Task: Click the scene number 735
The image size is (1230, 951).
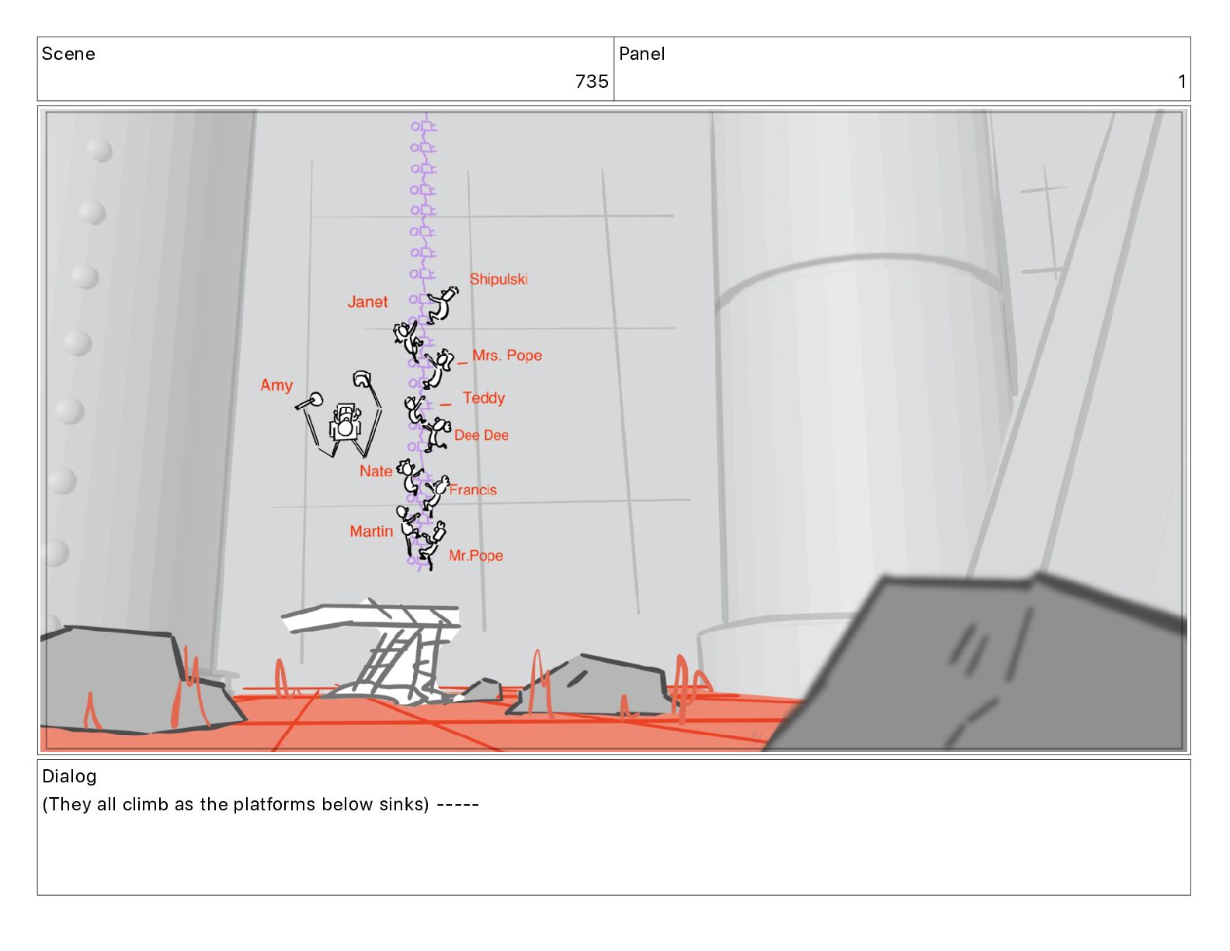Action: [x=592, y=82]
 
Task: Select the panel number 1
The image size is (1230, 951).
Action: [x=1182, y=82]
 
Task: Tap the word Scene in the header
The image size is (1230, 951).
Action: [x=68, y=54]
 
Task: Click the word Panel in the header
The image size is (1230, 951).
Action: [x=641, y=54]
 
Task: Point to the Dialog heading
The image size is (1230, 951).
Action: [x=69, y=776]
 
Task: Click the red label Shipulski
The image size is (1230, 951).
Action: [x=498, y=279]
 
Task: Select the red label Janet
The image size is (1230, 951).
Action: [x=367, y=302]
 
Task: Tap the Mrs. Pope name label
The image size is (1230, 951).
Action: [x=506, y=356]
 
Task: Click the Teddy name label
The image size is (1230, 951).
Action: [x=484, y=398]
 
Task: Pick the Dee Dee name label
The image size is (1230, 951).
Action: [x=481, y=436]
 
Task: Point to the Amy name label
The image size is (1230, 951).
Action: [x=276, y=385]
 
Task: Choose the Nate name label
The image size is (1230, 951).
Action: [x=376, y=472]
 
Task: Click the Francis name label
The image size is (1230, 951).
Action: [x=473, y=490]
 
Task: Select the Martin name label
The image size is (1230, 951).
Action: [x=371, y=532]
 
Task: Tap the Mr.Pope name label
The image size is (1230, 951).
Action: [x=475, y=556]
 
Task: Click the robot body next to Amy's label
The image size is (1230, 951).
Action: [x=345, y=423]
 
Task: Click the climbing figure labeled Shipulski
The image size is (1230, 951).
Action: [x=442, y=305]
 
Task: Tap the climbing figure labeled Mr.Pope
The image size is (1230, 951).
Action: [x=433, y=545]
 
